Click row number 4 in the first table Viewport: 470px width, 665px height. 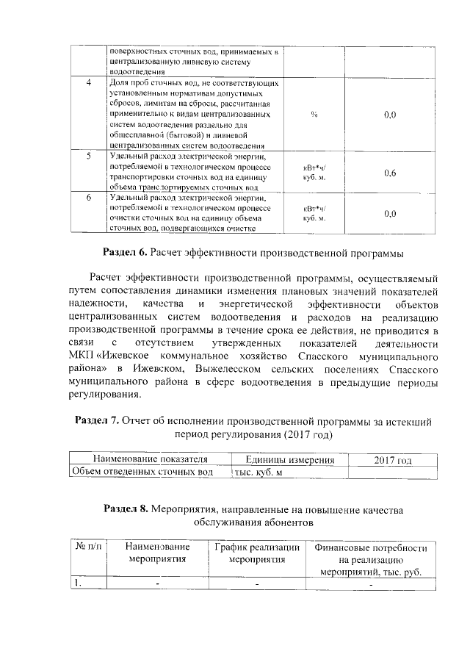(88, 83)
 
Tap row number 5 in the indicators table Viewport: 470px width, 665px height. (88, 157)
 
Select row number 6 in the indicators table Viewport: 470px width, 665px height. (88, 198)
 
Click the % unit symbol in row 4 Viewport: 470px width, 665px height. (314, 115)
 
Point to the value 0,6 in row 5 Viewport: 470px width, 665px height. (390, 173)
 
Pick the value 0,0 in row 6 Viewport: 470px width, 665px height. (390, 213)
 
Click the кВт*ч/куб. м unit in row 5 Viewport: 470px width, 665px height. (314, 173)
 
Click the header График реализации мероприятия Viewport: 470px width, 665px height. (256, 553)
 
